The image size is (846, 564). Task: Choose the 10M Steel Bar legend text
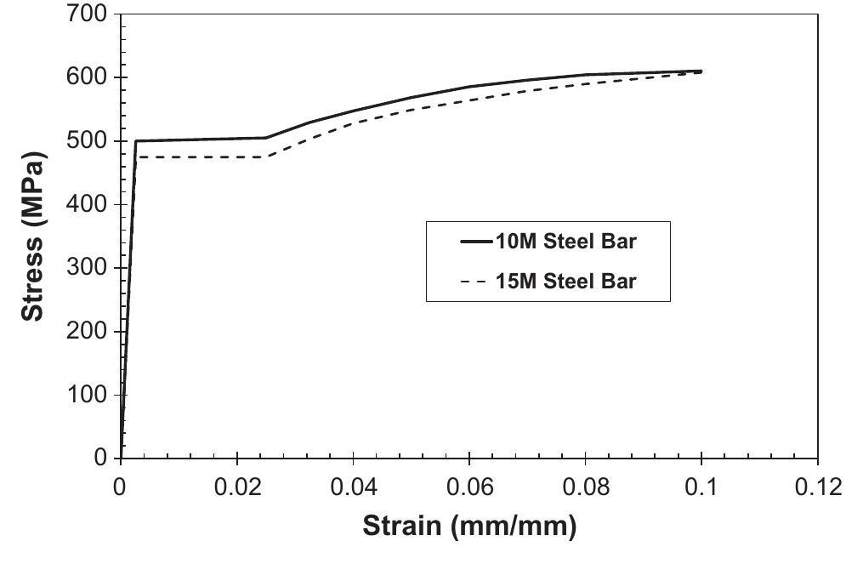pos(565,242)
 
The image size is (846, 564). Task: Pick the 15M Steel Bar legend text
pos(565,282)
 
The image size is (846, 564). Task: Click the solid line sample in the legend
pos(476,242)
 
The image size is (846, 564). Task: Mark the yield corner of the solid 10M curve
pos(136,141)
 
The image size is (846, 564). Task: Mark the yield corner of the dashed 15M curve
pos(137,157)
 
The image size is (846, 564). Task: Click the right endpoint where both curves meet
pos(701,71)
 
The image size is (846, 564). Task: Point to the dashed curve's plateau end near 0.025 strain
pos(266,157)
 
